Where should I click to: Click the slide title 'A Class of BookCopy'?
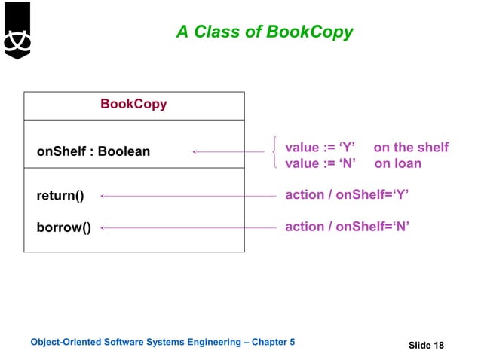264,32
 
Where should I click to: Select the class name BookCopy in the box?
133,104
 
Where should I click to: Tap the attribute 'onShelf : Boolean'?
93,152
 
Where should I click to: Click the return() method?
60,196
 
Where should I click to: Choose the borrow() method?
63,227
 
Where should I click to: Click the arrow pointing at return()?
188,196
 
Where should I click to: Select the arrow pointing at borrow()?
188,227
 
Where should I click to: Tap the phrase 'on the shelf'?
411,147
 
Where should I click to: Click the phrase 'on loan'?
398,163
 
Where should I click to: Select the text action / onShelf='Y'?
347,196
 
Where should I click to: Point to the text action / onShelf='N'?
347,227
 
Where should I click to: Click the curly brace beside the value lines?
277,154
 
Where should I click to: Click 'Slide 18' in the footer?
426,345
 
